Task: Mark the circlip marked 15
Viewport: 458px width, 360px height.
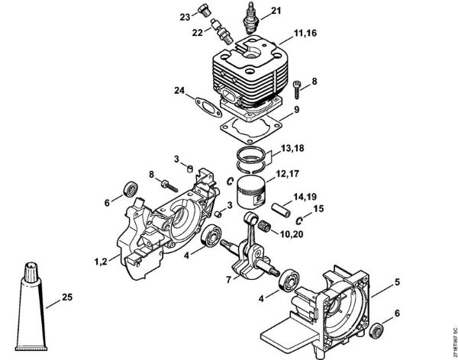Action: click(299, 221)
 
